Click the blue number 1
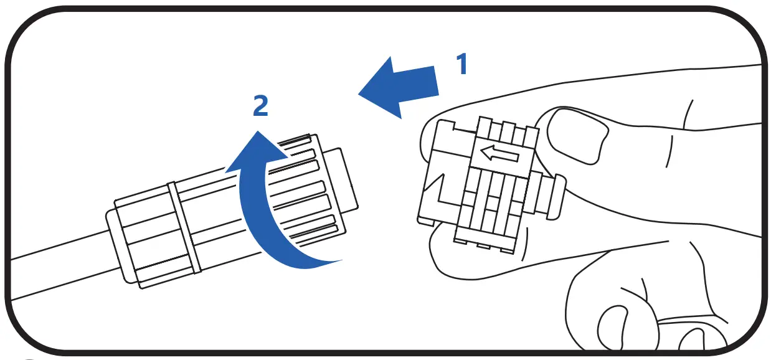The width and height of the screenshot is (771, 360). tap(461, 64)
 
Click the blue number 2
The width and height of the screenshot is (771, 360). tap(260, 106)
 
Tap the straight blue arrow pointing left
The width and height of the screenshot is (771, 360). tap(405, 87)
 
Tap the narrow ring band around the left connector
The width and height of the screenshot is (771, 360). tap(184, 228)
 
